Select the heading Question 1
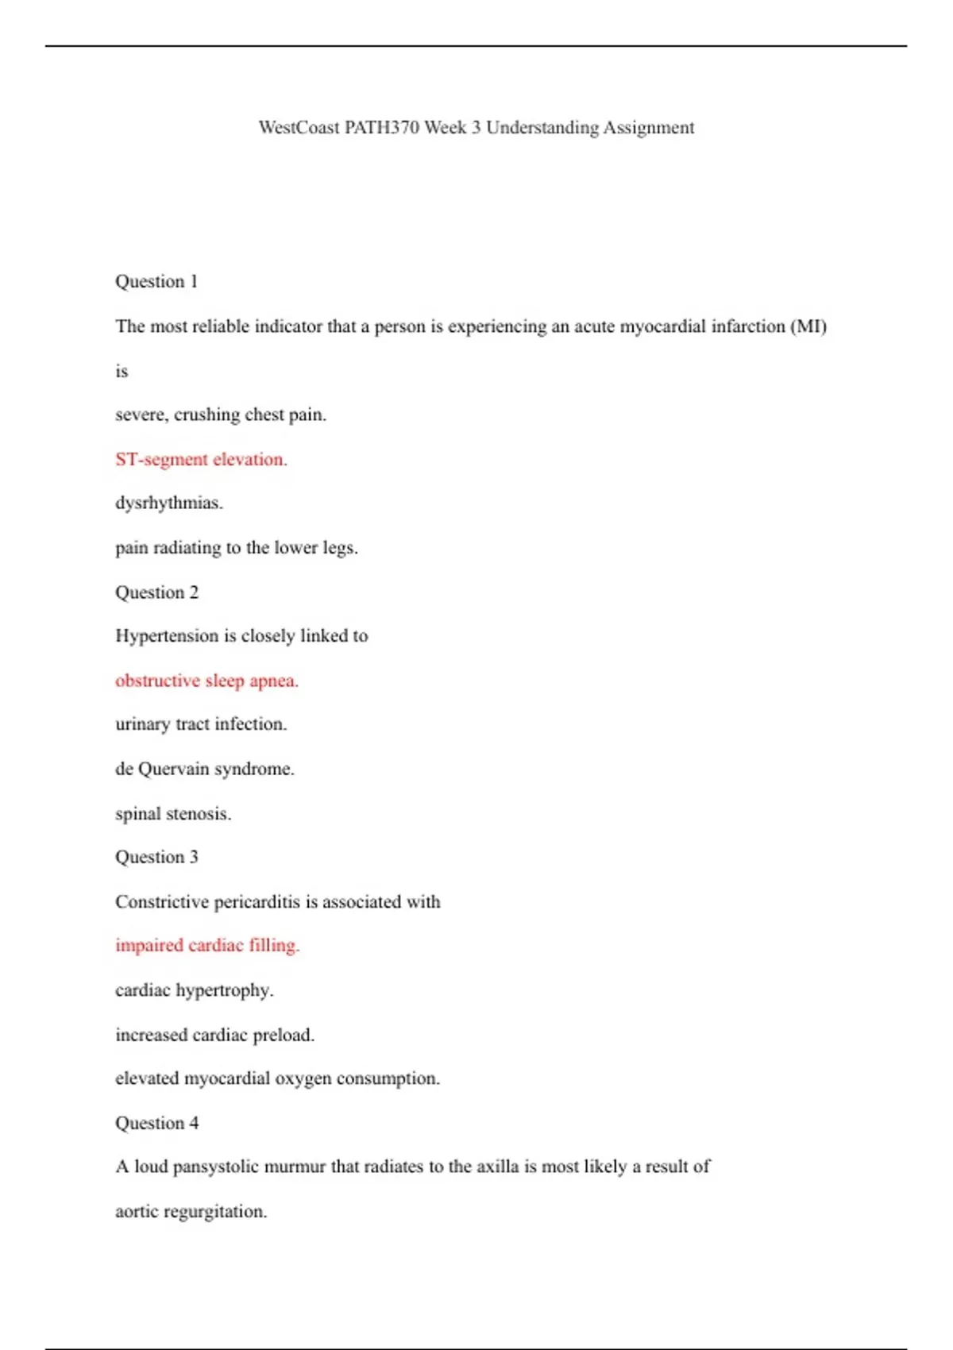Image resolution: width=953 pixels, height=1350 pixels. [x=156, y=282]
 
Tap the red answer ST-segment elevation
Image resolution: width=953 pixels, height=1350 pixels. [x=201, y=459]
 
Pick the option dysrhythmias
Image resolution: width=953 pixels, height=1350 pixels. [x=169, y=503]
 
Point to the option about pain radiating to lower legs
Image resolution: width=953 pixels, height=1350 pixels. [x=237, y=548]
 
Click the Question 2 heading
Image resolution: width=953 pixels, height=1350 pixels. [x=156, y=592]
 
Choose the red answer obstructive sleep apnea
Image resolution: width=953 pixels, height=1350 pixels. [x=206, y=681]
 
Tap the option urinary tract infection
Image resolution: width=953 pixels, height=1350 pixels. [x=201, y=724]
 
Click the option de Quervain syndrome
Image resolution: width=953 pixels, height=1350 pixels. [x=204, y=769]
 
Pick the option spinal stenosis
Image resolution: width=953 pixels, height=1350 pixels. [x=173, y=813]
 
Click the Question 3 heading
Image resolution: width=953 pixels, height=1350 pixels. [x=156, y=858]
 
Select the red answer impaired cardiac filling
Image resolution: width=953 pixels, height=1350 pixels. [x=207, y=946]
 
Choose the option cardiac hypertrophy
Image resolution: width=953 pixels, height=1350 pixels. [x=194, y=990]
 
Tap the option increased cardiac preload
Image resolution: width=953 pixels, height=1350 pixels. [x=214, y=1035]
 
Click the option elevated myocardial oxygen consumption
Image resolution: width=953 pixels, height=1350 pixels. [x=277, y=1078]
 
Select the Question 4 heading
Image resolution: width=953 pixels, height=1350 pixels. [x=156, y=1123]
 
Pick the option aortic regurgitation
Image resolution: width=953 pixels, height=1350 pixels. [x=191, y=1212]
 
